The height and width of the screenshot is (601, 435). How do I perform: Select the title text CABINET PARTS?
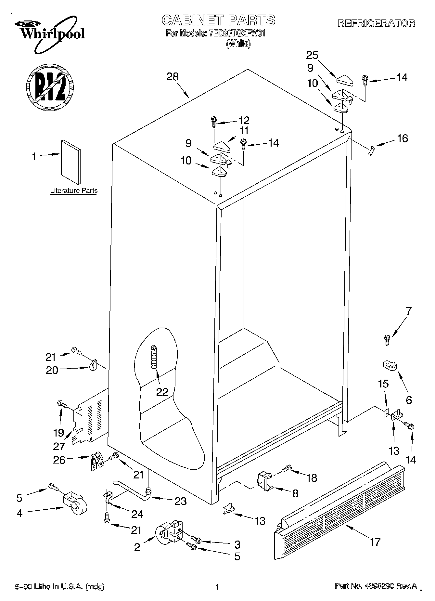click(218, 20)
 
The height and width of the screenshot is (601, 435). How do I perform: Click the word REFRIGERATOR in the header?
click(376, 23)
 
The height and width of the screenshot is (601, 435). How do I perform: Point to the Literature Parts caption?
click(74, 191)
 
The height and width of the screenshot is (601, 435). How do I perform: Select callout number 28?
click(173, 77)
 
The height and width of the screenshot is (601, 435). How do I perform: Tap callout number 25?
click(312, 55)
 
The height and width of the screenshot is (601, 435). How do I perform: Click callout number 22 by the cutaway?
click(162, 392)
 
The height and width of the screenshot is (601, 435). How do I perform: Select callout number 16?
click(403, 138)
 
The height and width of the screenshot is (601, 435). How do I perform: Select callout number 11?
click(244, 131)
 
